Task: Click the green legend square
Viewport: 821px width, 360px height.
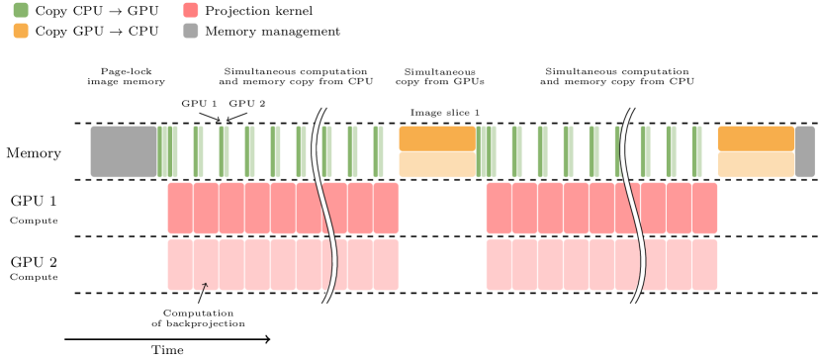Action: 21,10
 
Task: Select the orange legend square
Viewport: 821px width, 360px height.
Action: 21,31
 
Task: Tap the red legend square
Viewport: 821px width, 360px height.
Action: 191,10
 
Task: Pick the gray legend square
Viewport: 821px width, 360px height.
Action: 191,31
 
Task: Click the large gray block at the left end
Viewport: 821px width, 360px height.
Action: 124,151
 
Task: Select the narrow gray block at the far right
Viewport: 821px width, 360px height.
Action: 805,151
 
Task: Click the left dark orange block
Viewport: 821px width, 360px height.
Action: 436,138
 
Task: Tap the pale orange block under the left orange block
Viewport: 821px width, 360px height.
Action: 436,164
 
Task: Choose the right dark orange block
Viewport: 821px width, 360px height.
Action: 755,138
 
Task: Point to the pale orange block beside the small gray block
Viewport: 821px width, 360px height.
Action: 755,164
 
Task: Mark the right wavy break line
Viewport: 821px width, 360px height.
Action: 631,208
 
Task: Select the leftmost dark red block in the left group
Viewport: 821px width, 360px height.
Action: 179,208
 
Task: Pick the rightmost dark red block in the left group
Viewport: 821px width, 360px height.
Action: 386,208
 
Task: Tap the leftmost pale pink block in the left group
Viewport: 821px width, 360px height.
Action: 179,264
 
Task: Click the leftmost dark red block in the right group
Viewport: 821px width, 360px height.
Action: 498,208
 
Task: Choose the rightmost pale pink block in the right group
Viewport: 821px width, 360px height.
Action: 704,264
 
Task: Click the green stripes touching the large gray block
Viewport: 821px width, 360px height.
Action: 168,151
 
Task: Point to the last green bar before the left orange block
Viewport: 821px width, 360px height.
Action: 379,151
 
